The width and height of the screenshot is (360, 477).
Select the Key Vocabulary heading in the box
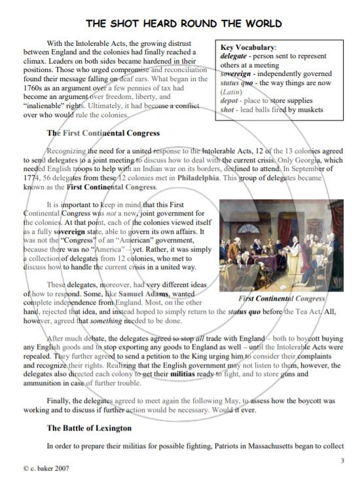pyautogui.click(x=247, y=48)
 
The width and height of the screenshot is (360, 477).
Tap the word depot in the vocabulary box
pyautogui.click(x=230, y=101)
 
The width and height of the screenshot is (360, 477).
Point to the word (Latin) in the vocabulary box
pyautogui.click(x=230, y=92)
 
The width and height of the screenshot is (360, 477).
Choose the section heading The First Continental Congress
pyautogui.click(x=103, y=133)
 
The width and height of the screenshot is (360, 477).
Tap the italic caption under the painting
pyautogui.click(x=282, y=299)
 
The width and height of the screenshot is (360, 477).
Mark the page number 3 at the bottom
pyautogui.click(x=342, y=461)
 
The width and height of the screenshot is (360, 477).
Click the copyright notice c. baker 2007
pyautogui.click(x=45, y=468)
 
